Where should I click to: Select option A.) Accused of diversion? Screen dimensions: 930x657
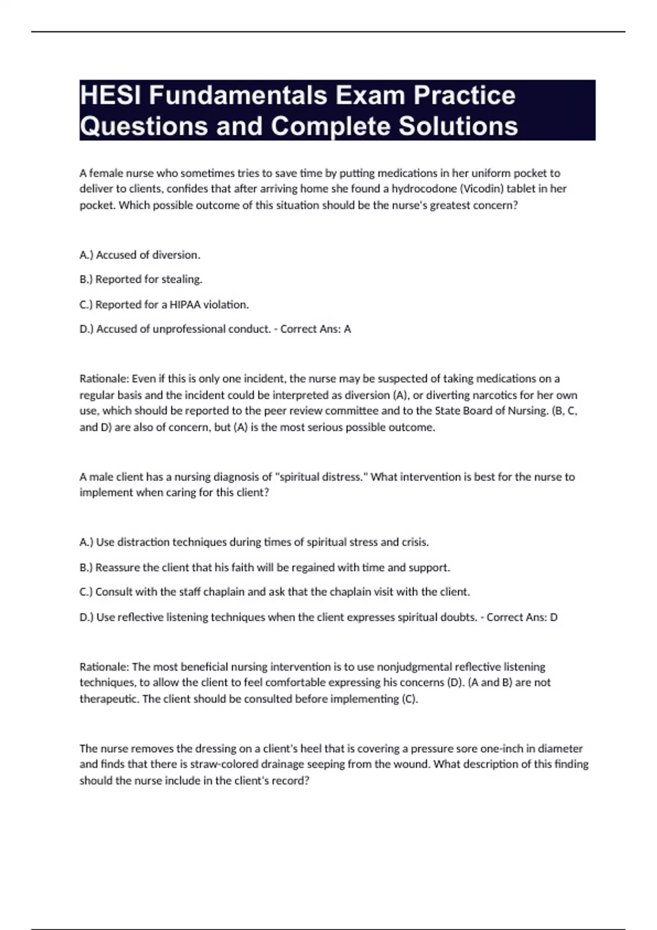tap(140, 255)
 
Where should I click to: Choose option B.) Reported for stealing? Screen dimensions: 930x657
tap(141, 280)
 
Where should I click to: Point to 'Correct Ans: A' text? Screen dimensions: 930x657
tap(315, 329)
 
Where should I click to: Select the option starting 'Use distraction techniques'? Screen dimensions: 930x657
tap(254, 543)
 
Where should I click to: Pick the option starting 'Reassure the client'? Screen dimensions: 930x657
tap(264, 568)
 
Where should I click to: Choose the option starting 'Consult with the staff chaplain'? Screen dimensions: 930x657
tap(274, 592)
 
